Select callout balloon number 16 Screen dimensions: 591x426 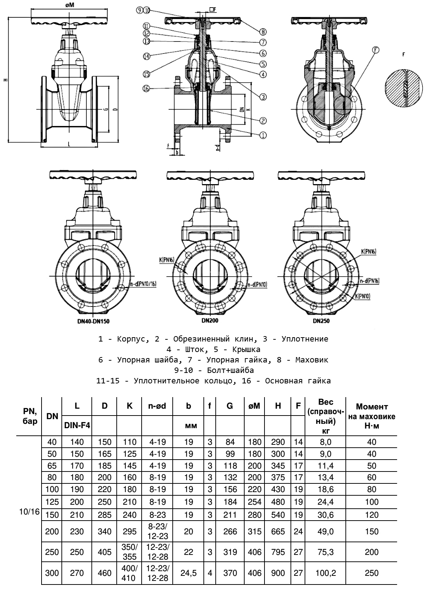point(146,88)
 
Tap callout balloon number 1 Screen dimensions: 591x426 point(263,135)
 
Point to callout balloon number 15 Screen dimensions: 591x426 point(146,74)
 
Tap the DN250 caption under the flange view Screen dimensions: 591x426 point(321,320)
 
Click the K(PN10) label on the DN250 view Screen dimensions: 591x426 point(362,296)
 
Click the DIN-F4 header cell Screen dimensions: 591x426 point(77,426)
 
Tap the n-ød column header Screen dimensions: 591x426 point(157,406)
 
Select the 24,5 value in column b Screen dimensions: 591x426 point(188,573)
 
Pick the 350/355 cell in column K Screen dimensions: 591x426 point(129,552)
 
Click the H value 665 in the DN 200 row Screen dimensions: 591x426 point(277,531)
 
